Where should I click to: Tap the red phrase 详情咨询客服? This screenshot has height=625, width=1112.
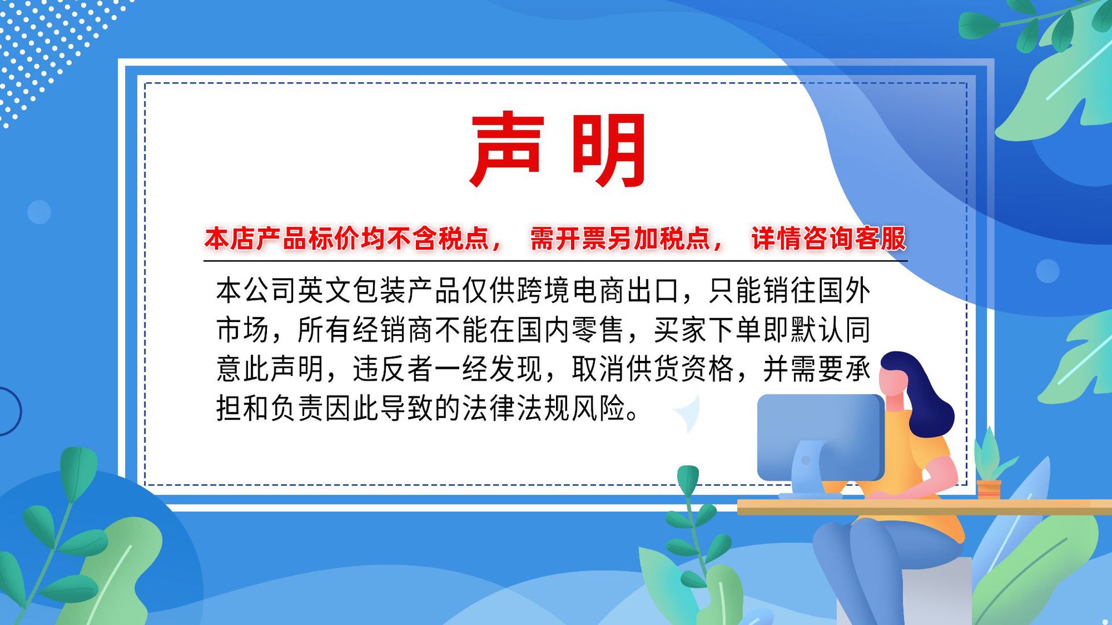tap(828, 239)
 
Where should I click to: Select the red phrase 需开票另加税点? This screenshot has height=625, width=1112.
tap(620, 239)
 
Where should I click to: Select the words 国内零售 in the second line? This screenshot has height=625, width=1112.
tap(570, 330)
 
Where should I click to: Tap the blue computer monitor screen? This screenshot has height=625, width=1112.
tap(820, 434)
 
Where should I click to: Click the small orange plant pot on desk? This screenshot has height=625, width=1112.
tap(988, 488)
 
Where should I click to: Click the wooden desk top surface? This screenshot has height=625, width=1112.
tap(927, 507)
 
